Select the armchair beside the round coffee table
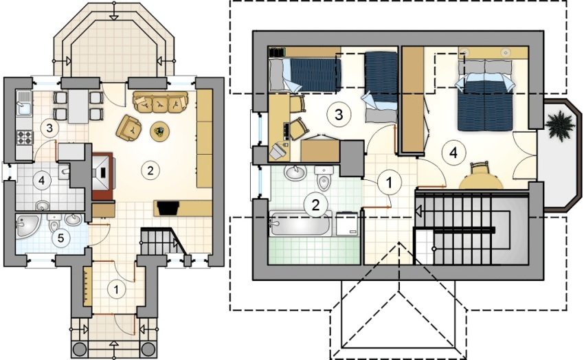129,126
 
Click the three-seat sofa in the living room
160,102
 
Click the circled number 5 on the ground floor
62,238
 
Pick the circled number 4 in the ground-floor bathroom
43,181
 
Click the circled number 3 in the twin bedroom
335,114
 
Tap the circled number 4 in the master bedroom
451,152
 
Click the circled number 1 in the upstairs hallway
388,183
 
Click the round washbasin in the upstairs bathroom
296,173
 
